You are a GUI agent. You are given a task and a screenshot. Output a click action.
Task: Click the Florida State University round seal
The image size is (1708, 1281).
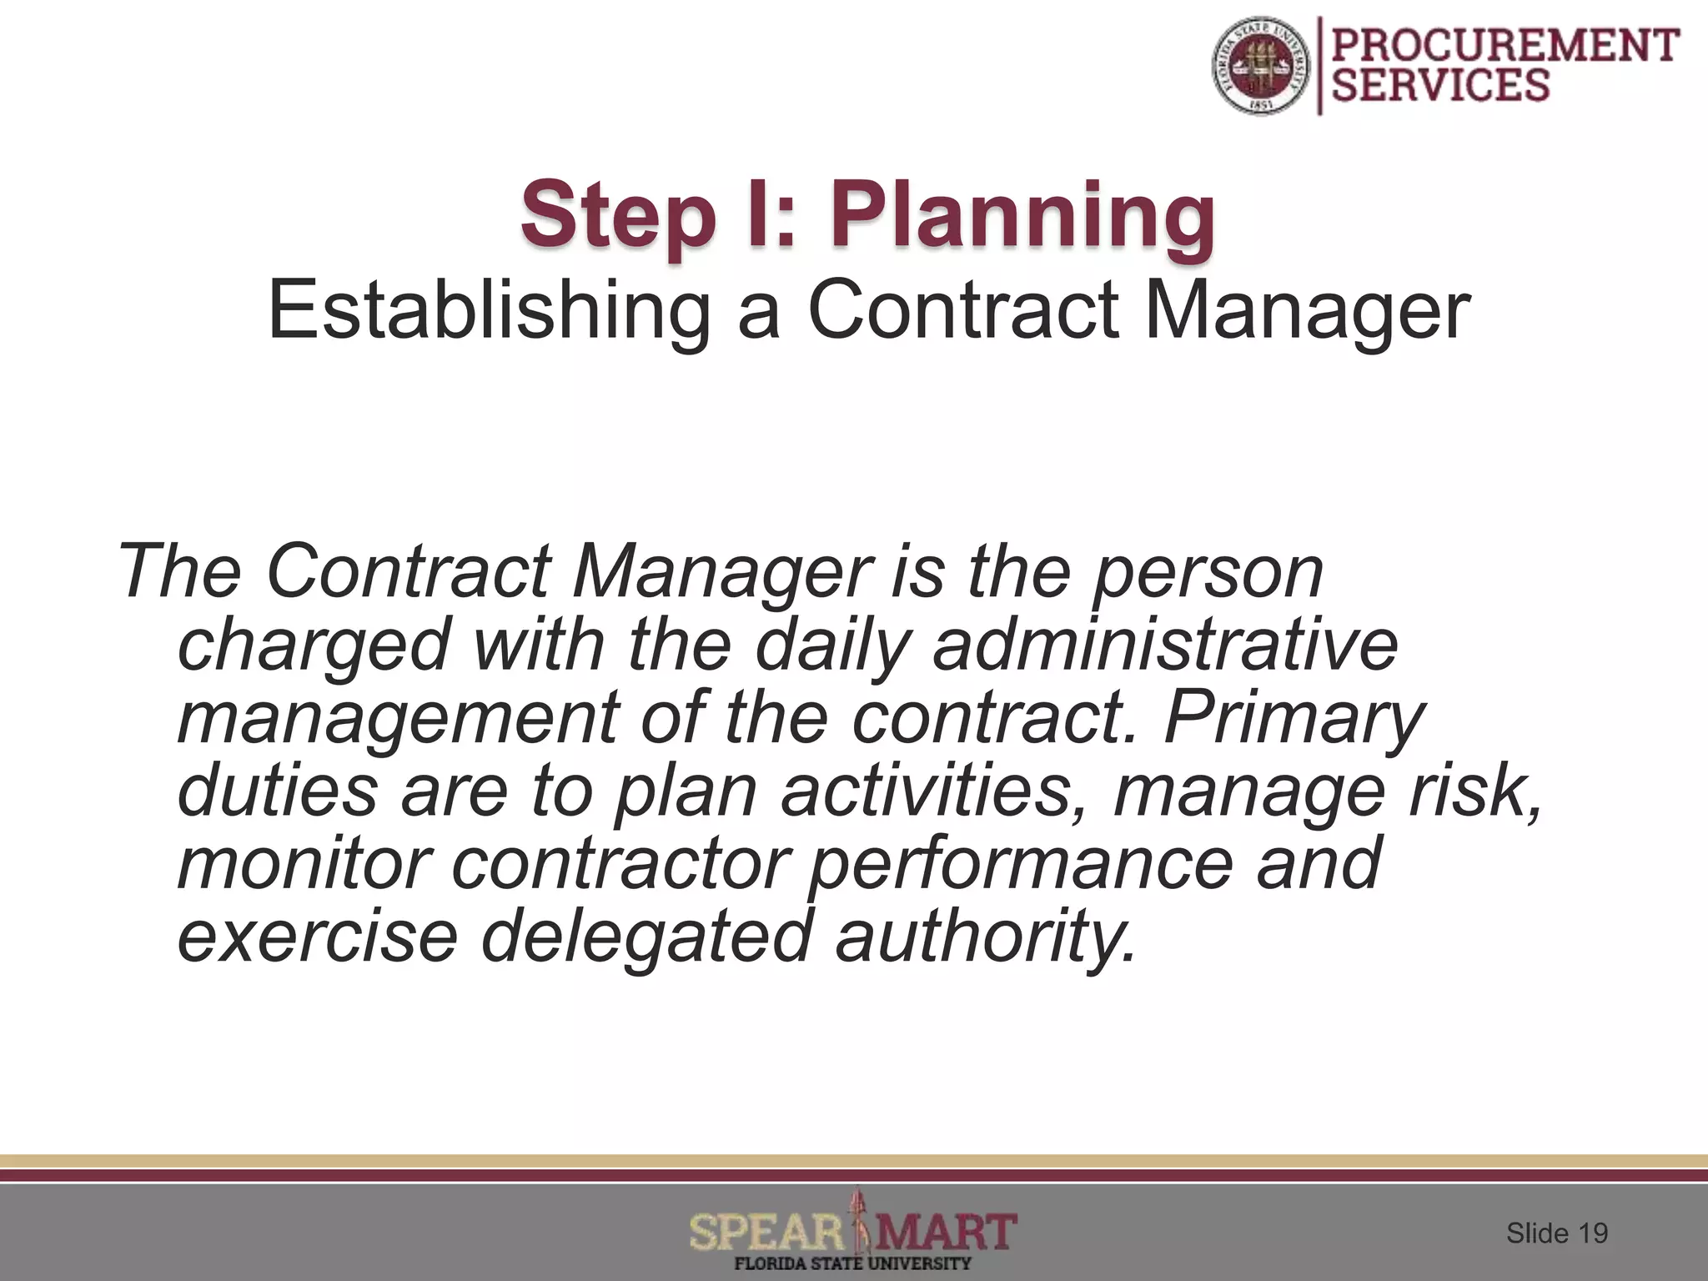[1261, 67]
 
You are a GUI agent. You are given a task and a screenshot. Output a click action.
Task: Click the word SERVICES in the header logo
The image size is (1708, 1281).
[1441, 86]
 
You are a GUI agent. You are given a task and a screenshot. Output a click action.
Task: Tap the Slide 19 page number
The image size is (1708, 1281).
[1556, 1233]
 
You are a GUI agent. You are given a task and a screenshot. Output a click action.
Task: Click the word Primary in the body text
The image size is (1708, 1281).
[1294, 718]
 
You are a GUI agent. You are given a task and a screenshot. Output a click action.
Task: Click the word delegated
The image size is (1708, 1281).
[646, 937]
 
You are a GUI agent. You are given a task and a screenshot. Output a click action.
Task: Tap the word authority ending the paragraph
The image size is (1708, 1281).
[986, 937]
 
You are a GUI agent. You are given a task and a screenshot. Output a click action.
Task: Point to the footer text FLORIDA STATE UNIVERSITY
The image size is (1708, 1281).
[852, 1263]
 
